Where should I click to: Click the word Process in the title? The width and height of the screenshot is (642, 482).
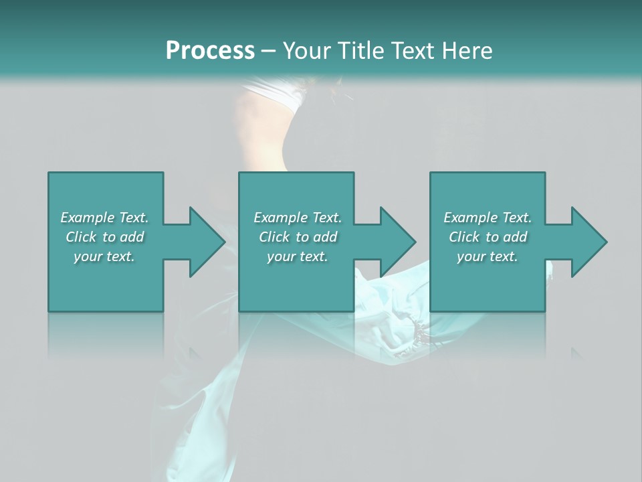coord(210,51)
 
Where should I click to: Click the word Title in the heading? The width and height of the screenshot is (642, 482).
coord(357,51)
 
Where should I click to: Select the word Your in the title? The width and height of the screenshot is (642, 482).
coord(308,51)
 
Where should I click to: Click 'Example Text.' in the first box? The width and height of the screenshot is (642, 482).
coord(104,218)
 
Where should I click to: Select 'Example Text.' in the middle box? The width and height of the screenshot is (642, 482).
coord(297,218)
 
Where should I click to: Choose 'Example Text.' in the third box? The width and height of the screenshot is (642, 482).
coord(488,218)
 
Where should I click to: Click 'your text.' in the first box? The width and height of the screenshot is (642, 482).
coord(104,257)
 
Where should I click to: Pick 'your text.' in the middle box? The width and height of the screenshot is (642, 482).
coord(297,257)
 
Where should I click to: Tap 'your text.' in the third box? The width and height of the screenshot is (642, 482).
coord(488,257)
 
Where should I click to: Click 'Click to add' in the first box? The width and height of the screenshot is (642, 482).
coord(104,237)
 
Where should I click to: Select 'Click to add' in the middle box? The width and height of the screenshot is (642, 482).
coord(297,237)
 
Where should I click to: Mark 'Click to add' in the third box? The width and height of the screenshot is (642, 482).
coord(488,237)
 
